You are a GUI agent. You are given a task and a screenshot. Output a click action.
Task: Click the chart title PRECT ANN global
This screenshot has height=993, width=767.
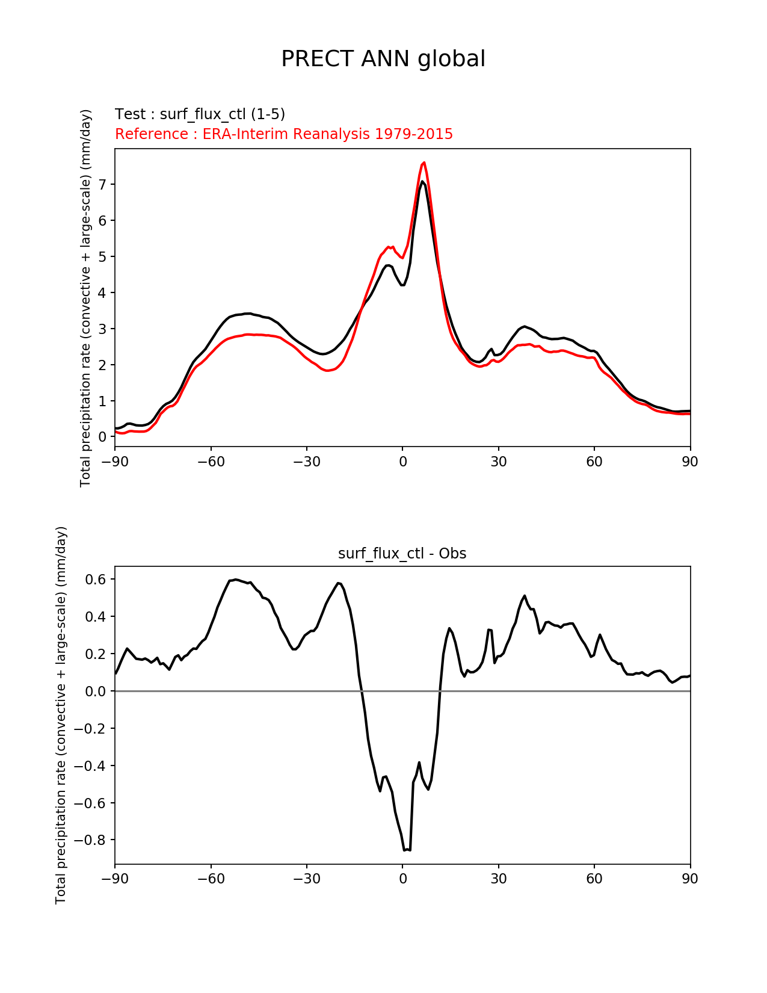[383, 59]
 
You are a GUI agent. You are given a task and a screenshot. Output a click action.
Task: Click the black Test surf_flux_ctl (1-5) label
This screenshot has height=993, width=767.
[200, 114]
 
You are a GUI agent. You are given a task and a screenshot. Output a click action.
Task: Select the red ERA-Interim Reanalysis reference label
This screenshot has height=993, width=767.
[284, 134]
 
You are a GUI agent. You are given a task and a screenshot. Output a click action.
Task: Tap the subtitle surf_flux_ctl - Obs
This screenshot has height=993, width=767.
[402, 554]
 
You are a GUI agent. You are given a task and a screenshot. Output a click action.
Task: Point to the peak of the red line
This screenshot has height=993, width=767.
[424, 162]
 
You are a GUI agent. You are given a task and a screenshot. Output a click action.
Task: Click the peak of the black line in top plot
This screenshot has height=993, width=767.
[423, 181]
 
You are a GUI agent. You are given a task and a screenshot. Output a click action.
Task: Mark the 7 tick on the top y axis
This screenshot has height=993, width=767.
[103, 184]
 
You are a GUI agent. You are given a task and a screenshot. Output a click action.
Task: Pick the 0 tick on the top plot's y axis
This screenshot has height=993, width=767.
[103, 437]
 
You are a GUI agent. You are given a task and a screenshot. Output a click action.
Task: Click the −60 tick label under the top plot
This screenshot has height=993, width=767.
[211, 462]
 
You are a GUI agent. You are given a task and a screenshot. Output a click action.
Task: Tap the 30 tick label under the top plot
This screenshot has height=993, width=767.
[498, 462]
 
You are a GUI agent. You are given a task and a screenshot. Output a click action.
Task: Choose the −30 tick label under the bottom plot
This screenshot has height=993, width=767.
[306, 879]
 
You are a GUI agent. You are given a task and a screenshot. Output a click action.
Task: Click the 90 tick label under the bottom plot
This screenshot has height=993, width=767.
[690, 879]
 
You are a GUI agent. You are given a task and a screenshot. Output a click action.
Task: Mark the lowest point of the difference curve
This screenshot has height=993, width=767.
[405, 850]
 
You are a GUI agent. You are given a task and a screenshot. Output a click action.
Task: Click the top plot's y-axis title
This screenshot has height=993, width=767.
[85, 298]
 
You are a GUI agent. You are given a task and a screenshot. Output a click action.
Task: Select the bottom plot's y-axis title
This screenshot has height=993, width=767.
[61, 715]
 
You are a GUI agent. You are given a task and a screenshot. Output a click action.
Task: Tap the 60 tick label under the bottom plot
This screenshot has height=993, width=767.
[594, 879]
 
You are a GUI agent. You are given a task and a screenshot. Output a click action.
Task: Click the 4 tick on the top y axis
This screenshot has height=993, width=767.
[103, 292]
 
